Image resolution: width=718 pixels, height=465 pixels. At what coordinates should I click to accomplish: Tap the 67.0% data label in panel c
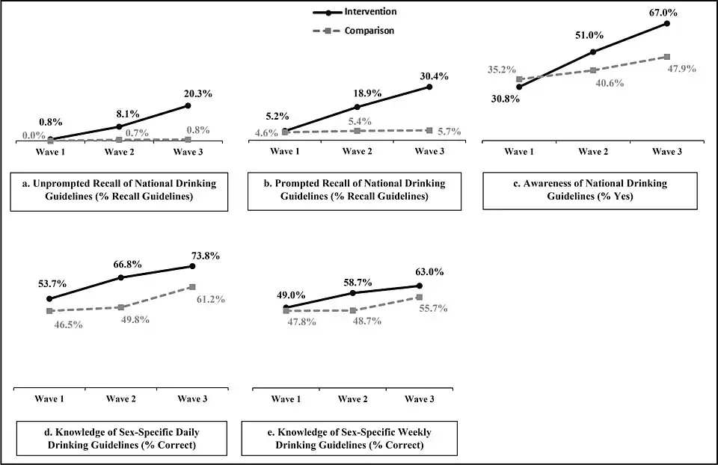666,9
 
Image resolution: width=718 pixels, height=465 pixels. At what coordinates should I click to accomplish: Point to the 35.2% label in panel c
501,70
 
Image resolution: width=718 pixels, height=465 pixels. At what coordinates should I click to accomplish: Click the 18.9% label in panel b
366,93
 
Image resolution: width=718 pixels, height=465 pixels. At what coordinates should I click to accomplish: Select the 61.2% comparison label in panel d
210,299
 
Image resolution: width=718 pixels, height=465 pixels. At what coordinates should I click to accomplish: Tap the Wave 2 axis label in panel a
120,152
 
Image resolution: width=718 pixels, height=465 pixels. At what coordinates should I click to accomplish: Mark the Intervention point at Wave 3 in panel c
667,23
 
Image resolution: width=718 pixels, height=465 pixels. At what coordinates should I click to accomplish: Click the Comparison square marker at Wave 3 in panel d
192,287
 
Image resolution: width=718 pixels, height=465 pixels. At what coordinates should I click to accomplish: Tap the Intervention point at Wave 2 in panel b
357,107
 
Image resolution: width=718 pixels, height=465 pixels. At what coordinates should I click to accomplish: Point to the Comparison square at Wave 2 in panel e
352,310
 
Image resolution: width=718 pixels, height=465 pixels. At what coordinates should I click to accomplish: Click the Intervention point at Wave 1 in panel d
49,299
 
